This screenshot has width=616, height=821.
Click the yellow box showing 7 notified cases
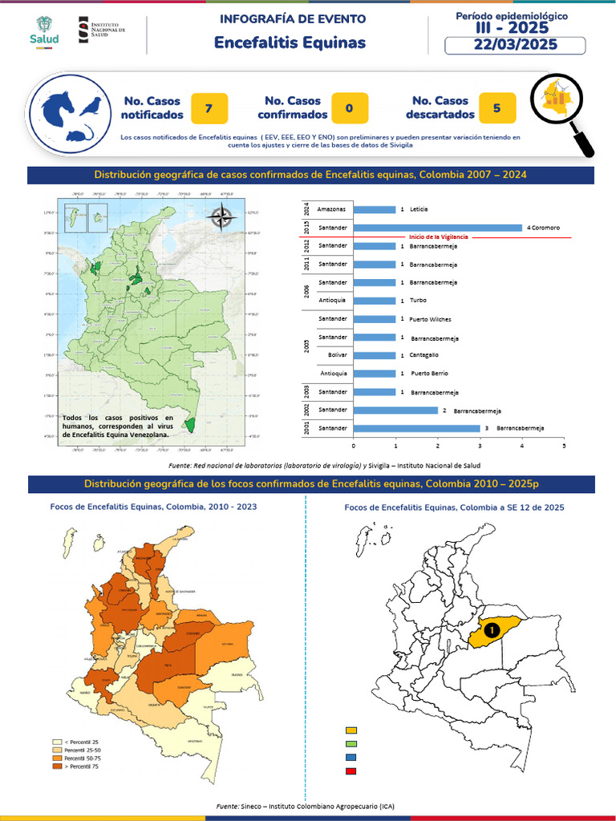click(209, 108)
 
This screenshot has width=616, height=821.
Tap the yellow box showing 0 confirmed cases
click(350, 108)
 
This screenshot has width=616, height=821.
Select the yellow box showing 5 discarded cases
click(497, 108)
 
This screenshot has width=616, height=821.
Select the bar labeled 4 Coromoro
click(438, 228)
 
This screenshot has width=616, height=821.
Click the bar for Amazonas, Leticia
click(375, 209)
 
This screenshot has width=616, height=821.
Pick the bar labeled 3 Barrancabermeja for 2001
click(416, 428)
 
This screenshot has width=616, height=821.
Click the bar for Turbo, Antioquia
click(375, 301)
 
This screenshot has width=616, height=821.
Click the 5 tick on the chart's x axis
click(564, 446)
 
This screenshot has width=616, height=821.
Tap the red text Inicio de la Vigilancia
click(439, 237)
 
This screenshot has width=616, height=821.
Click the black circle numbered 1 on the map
click(491, 630)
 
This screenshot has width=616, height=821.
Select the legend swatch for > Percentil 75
click(57, 766)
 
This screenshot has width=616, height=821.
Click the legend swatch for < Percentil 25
click(57, 742)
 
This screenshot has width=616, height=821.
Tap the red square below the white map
click(351, 771)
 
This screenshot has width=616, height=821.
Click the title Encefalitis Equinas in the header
click(290, 42)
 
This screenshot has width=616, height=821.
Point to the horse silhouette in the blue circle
click(58, 105)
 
